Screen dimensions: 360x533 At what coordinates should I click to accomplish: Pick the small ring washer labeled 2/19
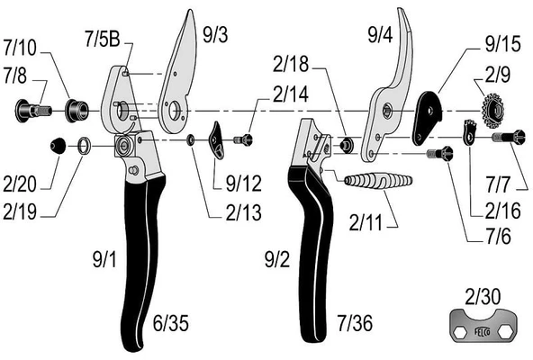(83, 145)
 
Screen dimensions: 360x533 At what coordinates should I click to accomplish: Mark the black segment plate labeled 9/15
(428, 117)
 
